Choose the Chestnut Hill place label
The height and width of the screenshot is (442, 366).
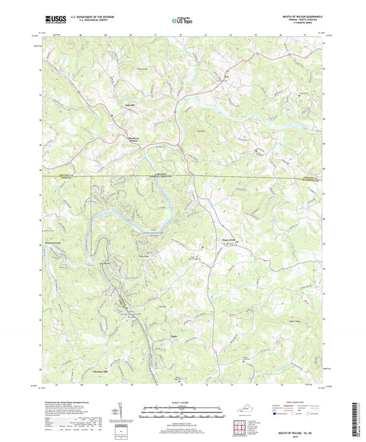point(102,371)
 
